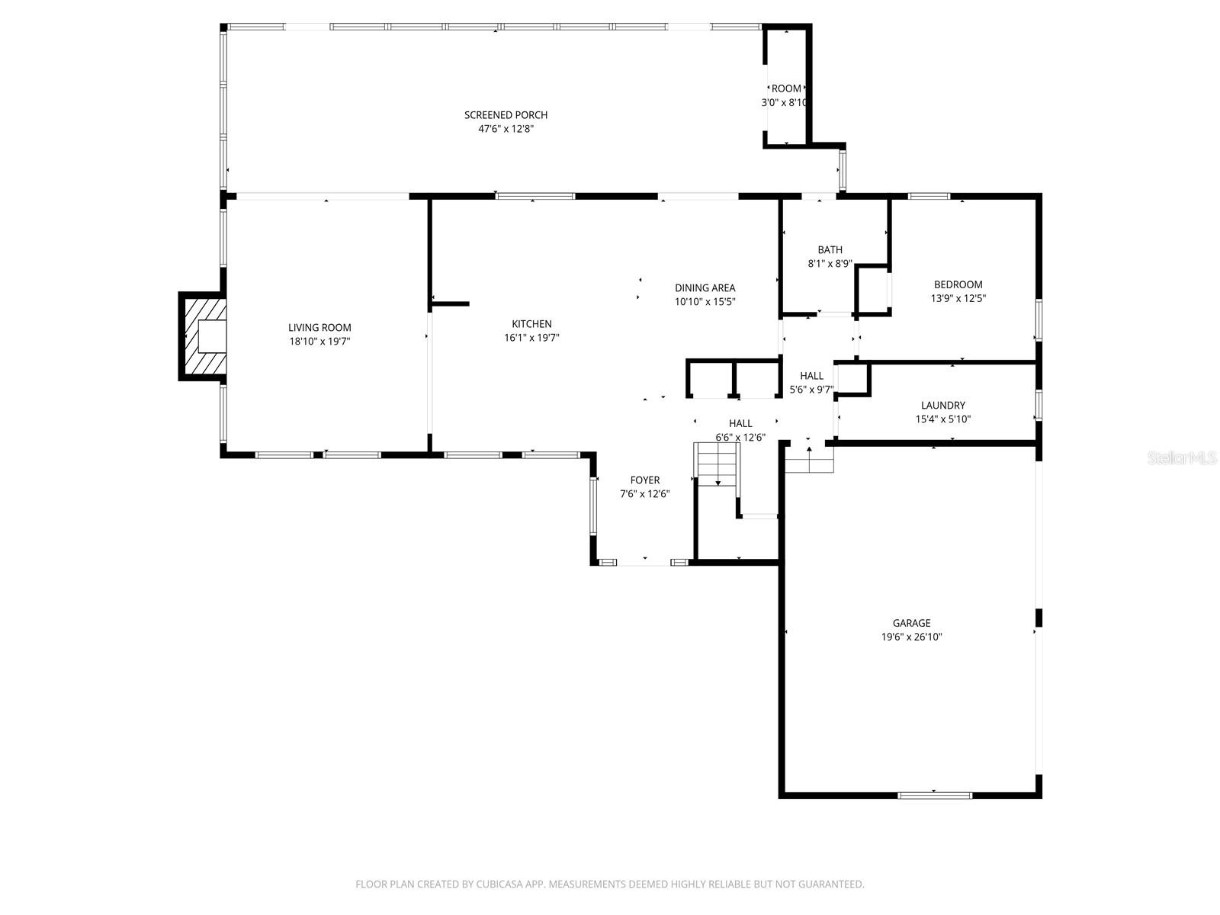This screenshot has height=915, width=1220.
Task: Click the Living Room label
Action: point(319,328)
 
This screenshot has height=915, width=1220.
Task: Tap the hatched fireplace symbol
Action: point(203,335)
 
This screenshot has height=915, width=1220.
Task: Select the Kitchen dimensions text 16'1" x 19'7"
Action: point(531,338)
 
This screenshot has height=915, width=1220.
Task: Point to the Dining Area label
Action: point(705,287)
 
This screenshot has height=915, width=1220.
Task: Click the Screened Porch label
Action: point(506,115)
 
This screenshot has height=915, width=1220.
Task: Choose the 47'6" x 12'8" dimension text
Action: point(506,129)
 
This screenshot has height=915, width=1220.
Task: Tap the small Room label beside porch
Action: point(786,88)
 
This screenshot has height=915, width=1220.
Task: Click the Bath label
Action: point(830,249)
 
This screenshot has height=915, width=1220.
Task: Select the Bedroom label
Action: point(958,284)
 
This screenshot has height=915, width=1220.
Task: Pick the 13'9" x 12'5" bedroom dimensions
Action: point(958,298)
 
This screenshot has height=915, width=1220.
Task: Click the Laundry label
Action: point(942,406)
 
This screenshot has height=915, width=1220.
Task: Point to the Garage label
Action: point(911,623)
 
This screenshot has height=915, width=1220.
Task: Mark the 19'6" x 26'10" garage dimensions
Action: point(911,637)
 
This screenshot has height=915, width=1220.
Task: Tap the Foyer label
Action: point(644,480)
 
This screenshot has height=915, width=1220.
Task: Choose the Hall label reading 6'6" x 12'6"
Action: point(740,423)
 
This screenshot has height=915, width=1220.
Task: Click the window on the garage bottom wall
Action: point(935,795)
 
